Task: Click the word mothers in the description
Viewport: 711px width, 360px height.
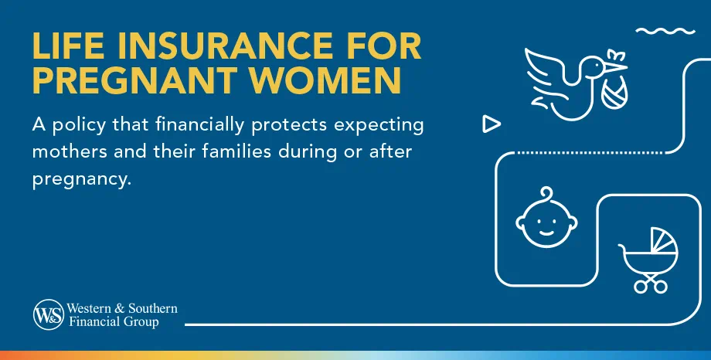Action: pyautogui.click(x=68, y=151)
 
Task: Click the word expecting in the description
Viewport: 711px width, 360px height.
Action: pyautogui.click(x=382, y=125)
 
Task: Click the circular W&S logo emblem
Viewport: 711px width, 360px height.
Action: pyautogui.click(x=48, y=315)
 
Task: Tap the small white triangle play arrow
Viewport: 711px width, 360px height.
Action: pyautogui.click(x=490, y=123)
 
